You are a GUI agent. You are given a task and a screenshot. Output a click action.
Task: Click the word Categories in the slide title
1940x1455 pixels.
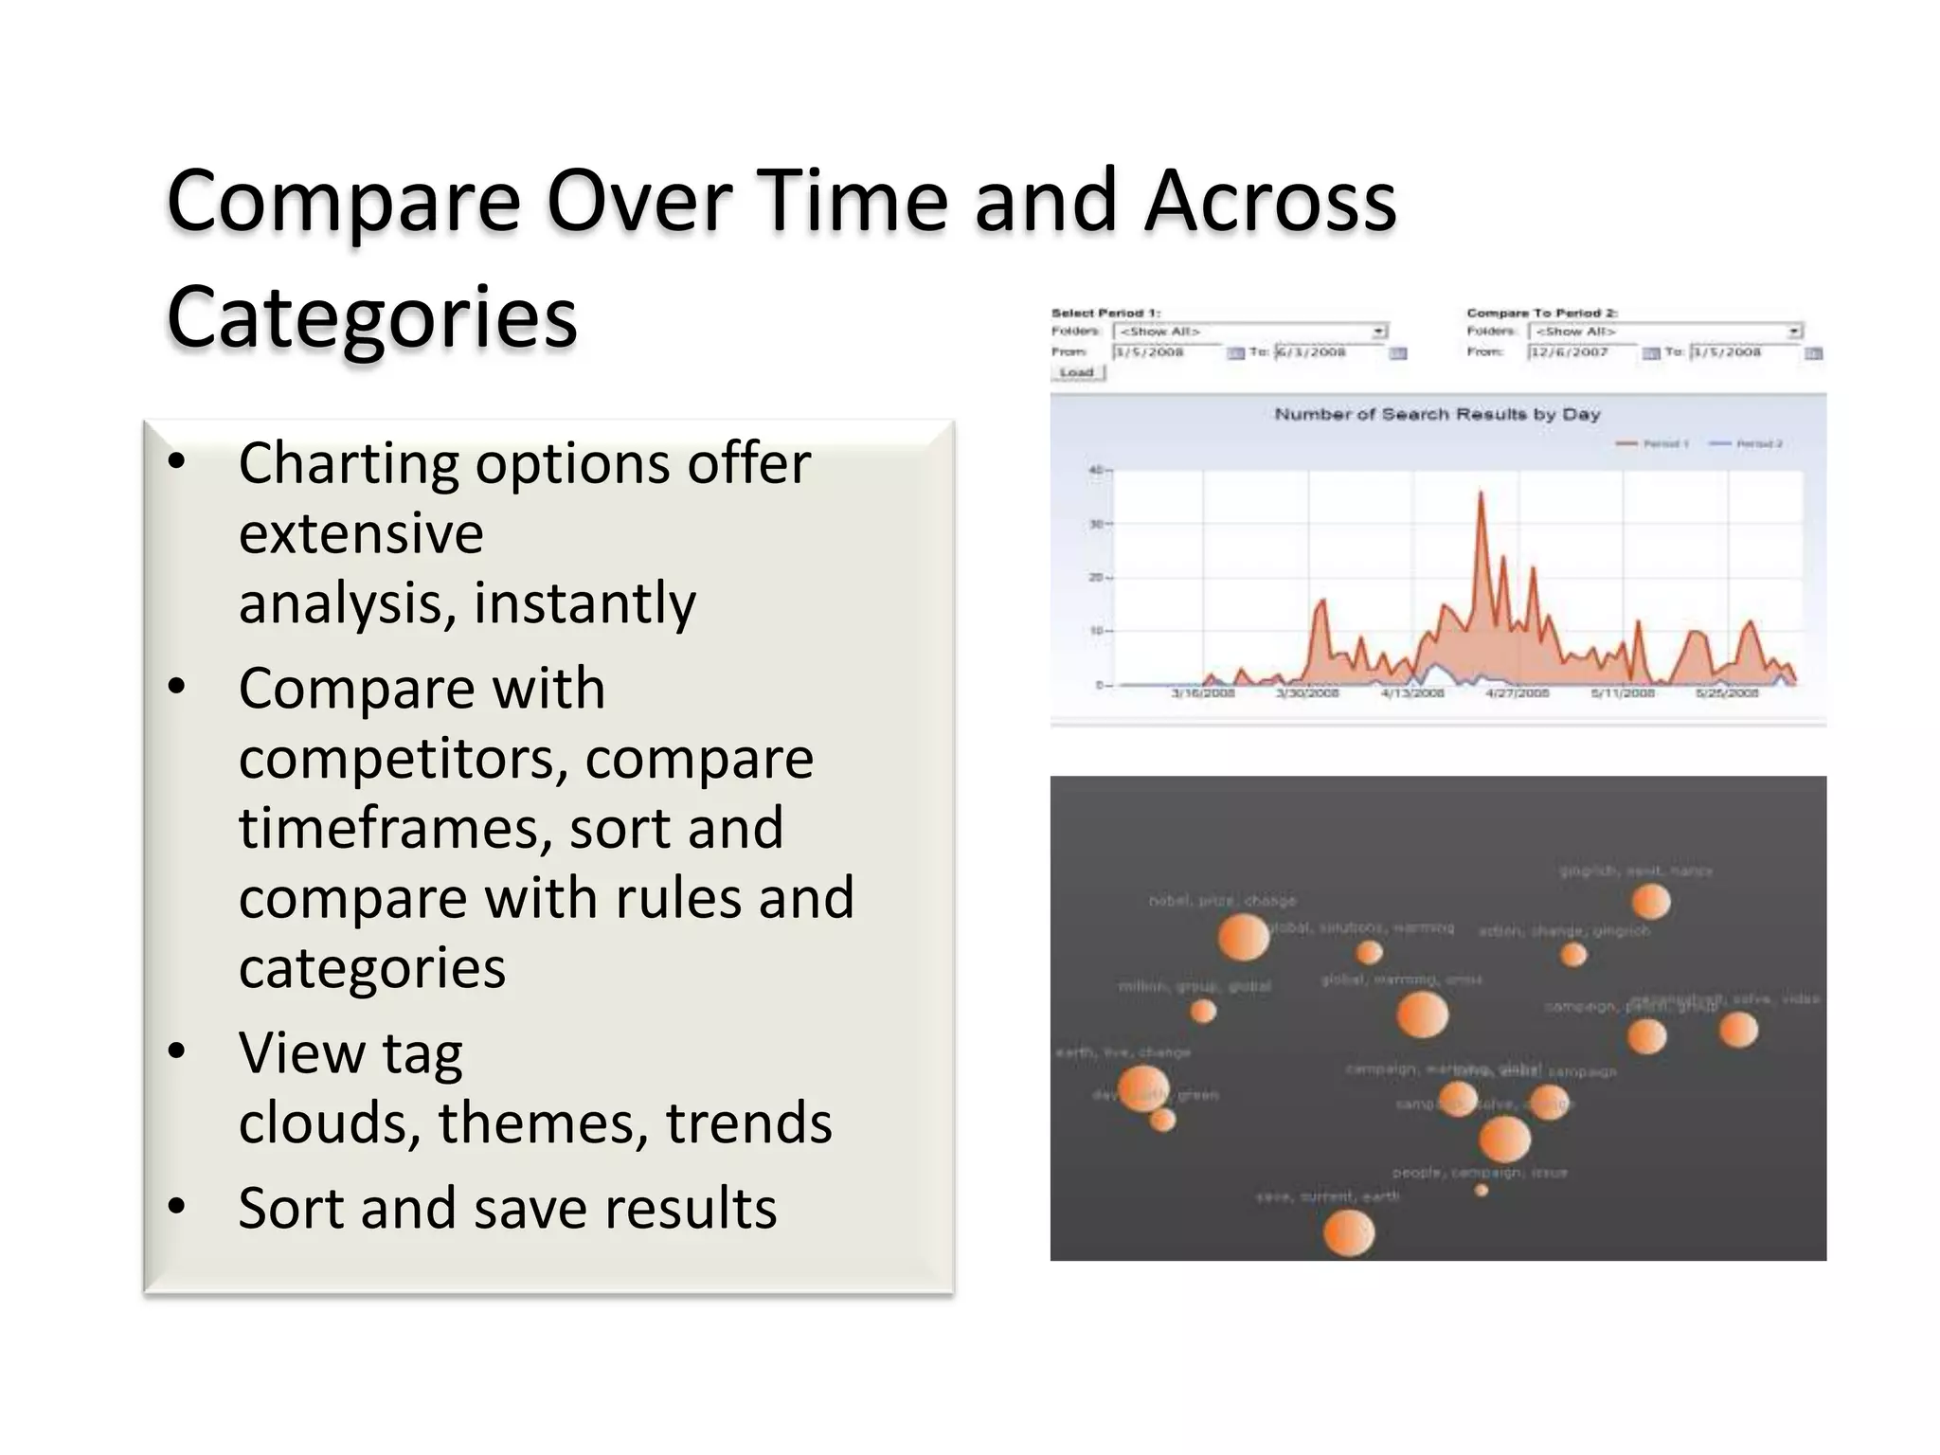pyautogui.click(x=371, y=317)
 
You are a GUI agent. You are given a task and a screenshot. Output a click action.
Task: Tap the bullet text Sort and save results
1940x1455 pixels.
pyautogui.click(x=507, y=1209)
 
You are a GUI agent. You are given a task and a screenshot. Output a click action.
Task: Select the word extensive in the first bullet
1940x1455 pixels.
pyautogui.click(x=361, y=533)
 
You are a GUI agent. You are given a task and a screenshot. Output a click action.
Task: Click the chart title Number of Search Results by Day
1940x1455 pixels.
pyautogui.click(x=1437, y=414)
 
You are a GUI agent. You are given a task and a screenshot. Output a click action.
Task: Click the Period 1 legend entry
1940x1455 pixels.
pyautogui.click(x=1653, y=443)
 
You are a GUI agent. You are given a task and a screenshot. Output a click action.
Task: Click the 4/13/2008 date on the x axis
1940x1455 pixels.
pyautogui.click(x=1411, y=693)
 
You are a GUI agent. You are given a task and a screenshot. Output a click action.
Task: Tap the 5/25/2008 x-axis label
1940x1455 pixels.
pyautogui.click(x=1727, y=693)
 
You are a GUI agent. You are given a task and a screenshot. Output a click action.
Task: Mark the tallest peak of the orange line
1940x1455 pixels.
pyautogui.click(x=1481, y=494)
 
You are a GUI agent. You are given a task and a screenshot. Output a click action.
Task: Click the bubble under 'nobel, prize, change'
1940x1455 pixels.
pyautogui.click(x=1243, y=938)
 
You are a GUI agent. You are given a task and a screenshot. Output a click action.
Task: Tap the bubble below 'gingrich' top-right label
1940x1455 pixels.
pyautogui.click(x=1651, y=901)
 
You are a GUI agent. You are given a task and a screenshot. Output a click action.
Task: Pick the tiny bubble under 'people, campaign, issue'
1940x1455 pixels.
pyautogui.click(x=1482, y=1191)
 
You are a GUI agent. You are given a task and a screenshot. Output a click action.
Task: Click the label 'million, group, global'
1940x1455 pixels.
pyautogui.click(x=1195, y=986)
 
